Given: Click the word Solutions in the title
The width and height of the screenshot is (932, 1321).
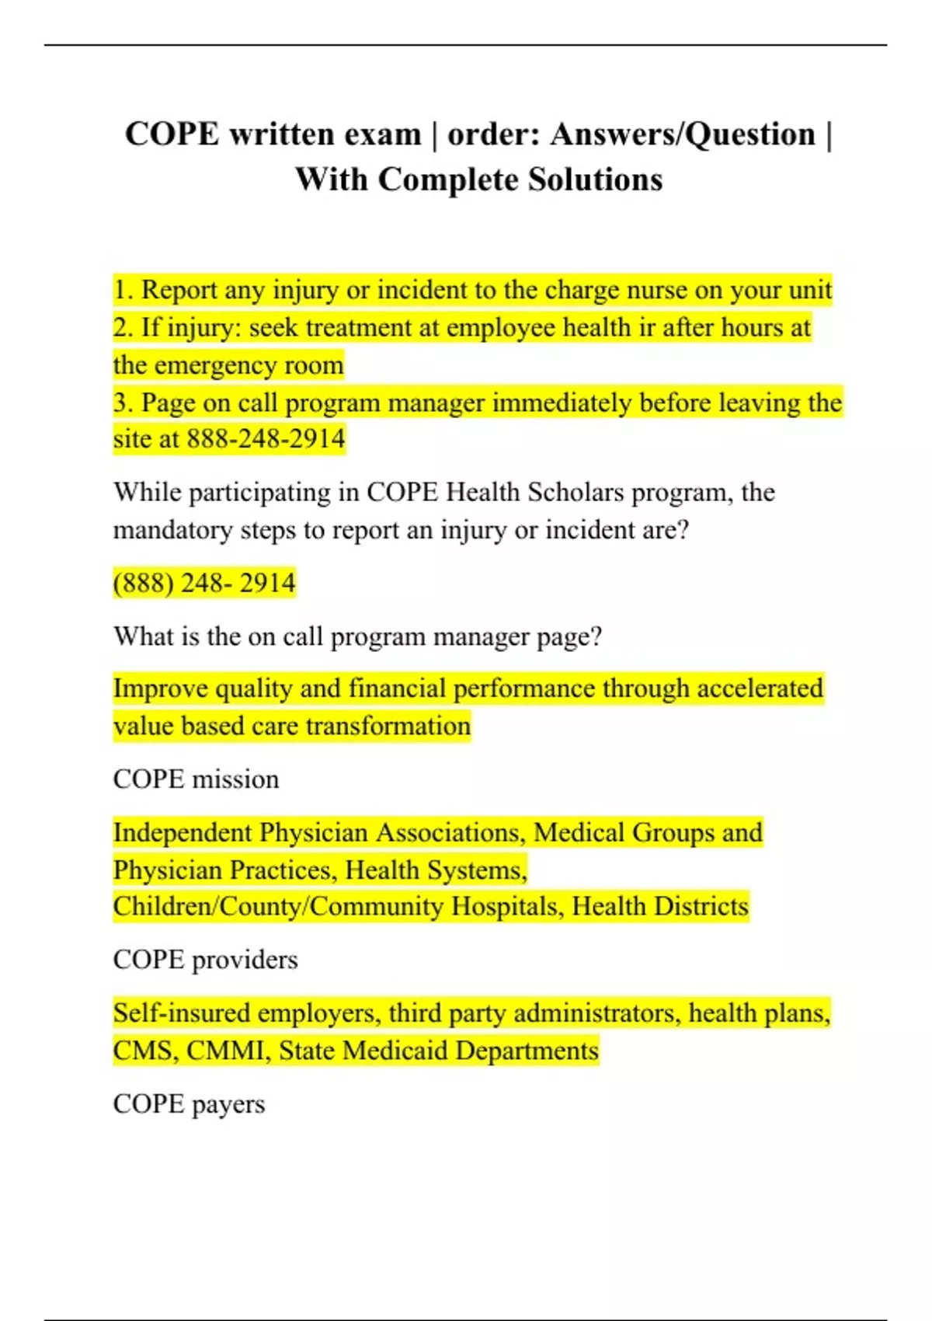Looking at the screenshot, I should tap(596, 180).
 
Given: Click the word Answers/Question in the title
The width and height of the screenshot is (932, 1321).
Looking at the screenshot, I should tap(683, 134).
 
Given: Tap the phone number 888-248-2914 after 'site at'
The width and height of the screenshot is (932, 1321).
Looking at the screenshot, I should tap(266, 439).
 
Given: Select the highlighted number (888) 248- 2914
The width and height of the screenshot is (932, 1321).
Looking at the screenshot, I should tap(204, 583).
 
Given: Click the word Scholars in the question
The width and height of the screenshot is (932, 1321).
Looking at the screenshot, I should tap(576, 493).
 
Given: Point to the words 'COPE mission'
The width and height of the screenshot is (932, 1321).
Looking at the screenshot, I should tap(196, 779).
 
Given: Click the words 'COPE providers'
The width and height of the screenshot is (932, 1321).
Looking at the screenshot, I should tap(205, 960).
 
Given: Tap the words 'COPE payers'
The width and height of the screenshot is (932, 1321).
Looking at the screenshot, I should tap(189, 1104).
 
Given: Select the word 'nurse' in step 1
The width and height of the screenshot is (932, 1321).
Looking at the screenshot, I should tap(657, 290).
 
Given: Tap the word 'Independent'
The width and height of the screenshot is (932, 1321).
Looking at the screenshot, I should tap(183, 833).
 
